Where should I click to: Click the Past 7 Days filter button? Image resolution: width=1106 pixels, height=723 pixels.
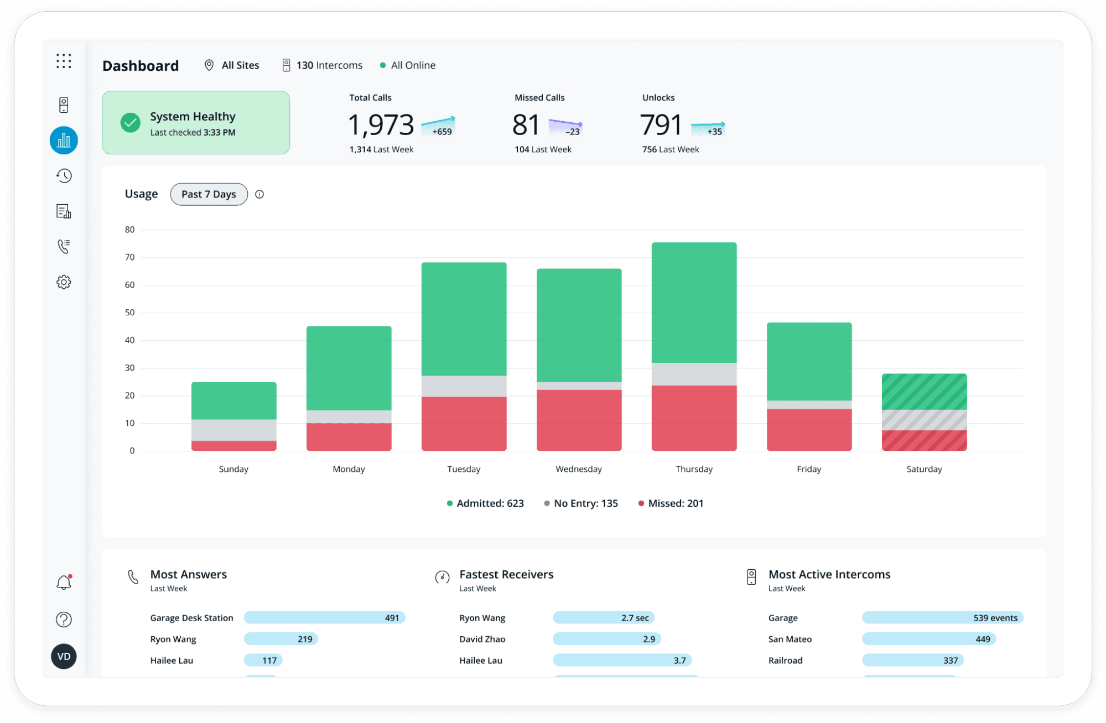click(x=209, y=194)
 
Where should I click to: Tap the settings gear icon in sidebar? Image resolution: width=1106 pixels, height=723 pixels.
click(x=64, y=282)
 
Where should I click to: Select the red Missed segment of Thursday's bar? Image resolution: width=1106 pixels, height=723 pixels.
click(x=694, y=418)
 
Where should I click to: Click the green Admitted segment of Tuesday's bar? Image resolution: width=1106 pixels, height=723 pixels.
click(x=464, y=319)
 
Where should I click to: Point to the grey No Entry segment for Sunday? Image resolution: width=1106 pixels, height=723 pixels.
click(x=233, y=430)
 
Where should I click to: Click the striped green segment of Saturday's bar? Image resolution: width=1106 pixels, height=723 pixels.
click(x=924, y=392)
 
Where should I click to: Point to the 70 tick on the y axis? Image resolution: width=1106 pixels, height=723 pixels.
click(x=129, y=257)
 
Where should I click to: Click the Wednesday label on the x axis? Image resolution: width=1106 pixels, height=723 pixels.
click(x=578, y=469)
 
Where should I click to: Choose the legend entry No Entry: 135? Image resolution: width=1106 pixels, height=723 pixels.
click(x=581, y=503)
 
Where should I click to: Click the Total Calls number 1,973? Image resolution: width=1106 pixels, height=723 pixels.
click(x=381, y=124)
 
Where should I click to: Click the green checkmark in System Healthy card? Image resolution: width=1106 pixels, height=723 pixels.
click(x=131, y=123)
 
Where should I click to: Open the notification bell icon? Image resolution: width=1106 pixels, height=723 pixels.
click(x=64, y=582)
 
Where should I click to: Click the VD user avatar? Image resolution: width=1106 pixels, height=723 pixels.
click(x=64, y=657)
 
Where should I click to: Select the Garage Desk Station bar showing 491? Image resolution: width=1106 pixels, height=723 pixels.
click(x=324, y=618)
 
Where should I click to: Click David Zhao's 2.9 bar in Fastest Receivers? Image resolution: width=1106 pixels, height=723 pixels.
click(x=606, y=639)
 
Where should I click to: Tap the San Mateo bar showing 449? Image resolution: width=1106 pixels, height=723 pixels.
click(x=928, y=639)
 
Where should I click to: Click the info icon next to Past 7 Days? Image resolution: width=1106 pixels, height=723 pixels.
click(x=259, y=194)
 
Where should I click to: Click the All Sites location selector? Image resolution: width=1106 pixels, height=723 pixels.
click(x=232, y=65)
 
